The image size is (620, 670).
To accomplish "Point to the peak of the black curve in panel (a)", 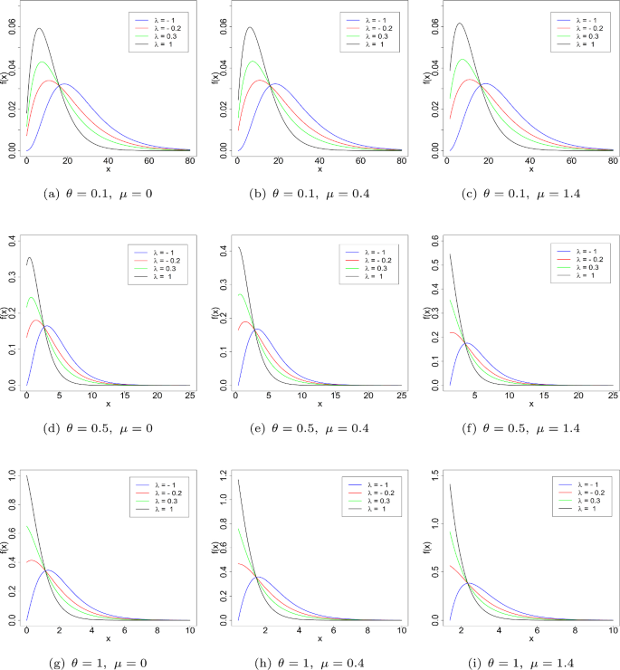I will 39,28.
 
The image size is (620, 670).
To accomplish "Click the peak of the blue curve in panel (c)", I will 486,83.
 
